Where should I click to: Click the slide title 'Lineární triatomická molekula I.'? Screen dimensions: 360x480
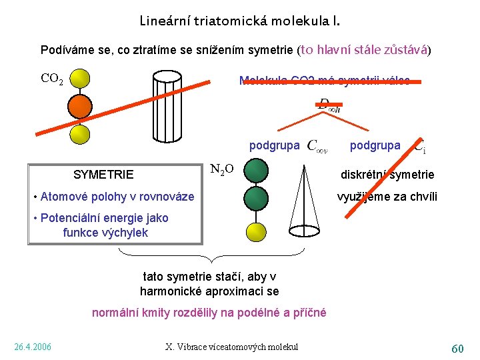click(239, 21)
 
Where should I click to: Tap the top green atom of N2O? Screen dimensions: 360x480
click(256, 171)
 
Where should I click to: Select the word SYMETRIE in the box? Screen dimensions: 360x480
click(103, 175)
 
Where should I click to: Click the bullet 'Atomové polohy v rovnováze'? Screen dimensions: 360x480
click(113, 197)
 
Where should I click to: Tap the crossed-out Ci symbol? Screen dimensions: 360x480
click(419, 146)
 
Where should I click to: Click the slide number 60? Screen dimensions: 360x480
click(457, 348)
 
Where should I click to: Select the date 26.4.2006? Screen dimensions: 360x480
click(33, 347)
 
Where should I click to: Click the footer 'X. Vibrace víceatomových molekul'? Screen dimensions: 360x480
click(232, 347)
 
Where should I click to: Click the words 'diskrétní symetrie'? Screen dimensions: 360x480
click(387, 175)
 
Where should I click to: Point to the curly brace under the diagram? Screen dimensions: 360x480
click(210, 257)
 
